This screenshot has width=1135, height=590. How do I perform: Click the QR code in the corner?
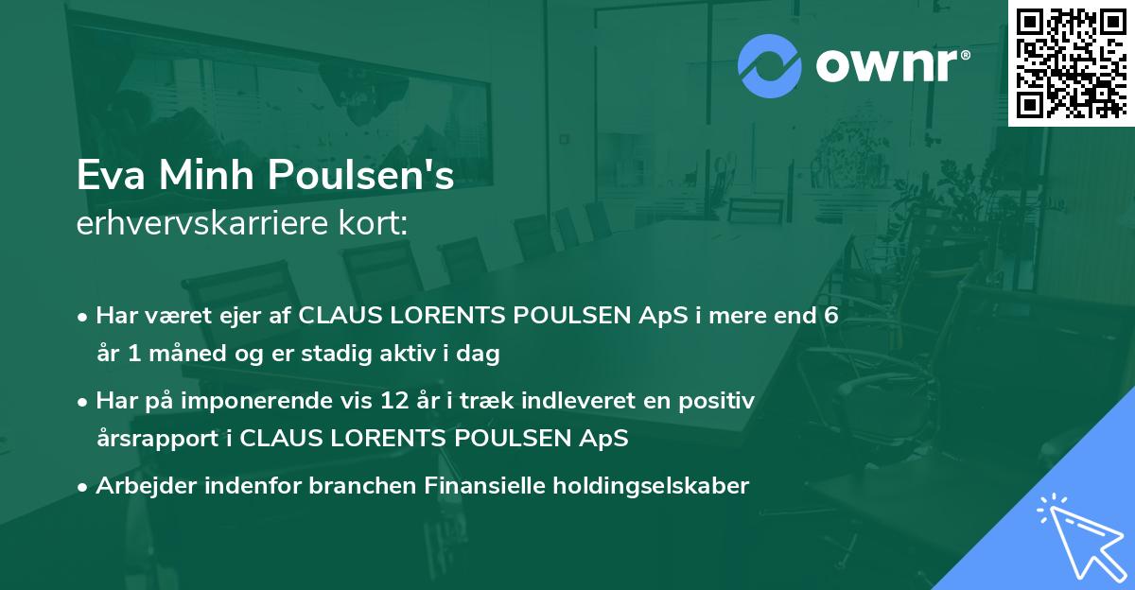pyautogui.click(x=1071, y=63)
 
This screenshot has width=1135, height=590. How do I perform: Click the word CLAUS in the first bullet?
pyautogui.click(x=342, y=316)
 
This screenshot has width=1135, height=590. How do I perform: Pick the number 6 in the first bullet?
pyautogui.click(x=831, y=316)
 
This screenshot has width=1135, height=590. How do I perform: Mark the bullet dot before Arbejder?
pyautogui.click(x=84, y=486)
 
